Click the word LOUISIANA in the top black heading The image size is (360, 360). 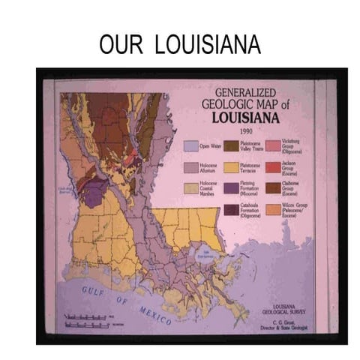pos(208,46)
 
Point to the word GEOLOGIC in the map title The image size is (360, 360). pos(229,103)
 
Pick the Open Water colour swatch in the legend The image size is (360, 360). pos(191,145)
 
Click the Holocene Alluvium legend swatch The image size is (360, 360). pos(191,166)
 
